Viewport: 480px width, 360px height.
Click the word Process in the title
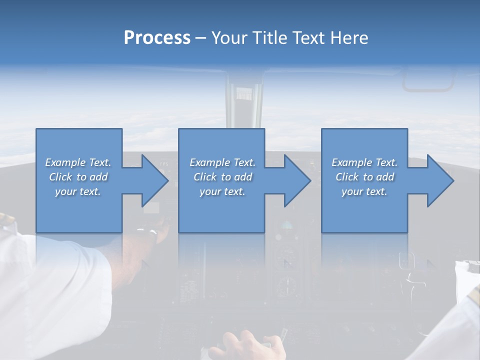click(157, 38)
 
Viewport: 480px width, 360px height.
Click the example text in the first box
click(78, 177)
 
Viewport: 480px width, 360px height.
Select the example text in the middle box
click(222, 177)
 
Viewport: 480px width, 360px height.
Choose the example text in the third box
click(364, 177)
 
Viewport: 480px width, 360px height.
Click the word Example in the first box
click(65, 162)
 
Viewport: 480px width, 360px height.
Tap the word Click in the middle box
click(206, 177)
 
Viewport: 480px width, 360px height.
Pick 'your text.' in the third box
click(364, 191)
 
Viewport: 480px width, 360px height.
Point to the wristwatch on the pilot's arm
click(150, 231)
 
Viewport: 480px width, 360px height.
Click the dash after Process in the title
click(201, 38)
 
